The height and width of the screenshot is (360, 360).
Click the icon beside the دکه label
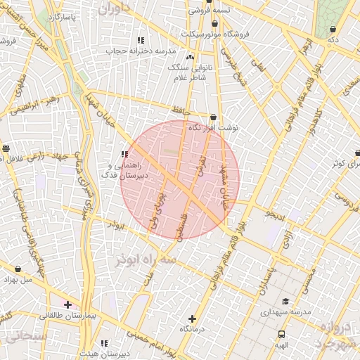point(332,30)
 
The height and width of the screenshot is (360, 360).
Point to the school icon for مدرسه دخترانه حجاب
point(141,40)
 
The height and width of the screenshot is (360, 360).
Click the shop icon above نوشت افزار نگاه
point(213,117)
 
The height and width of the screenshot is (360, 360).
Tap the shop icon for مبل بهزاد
point(18,269)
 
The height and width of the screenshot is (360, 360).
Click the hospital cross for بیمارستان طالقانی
point(67,304)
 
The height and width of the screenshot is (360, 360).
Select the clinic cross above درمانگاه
point(193,319)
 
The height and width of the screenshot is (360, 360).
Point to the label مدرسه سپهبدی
point(285,310)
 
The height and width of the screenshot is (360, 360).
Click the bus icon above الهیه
point(282,335)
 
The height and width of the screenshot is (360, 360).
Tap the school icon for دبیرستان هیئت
point(105,344)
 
